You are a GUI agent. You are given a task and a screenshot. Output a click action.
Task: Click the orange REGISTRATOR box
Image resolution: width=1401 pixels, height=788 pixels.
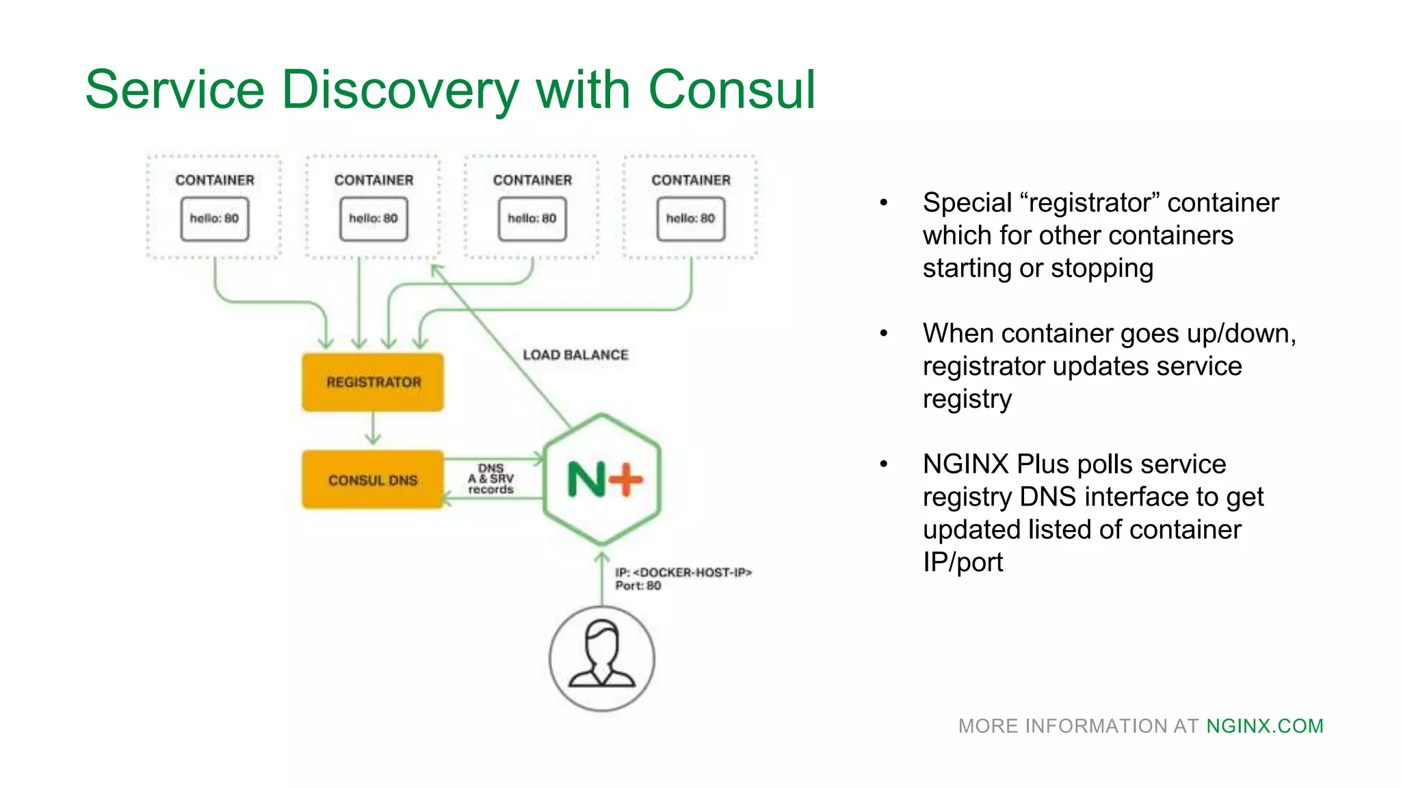coord(373,382)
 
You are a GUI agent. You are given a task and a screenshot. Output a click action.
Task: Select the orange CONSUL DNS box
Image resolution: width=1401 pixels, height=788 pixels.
coord(373,480)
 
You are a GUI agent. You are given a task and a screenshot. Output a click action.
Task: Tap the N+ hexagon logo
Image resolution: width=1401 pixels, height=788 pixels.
coord(602,479)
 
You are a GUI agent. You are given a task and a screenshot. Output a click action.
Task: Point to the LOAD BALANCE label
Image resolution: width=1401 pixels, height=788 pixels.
coord(575,355)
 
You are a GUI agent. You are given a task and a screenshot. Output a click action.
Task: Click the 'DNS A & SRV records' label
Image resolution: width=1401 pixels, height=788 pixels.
coord(491,479)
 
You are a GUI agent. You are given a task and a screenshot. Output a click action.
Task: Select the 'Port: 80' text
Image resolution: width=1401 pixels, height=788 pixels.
coord(638,586)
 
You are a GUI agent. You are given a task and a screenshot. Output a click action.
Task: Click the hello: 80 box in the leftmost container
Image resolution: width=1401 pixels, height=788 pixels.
coord(215,219)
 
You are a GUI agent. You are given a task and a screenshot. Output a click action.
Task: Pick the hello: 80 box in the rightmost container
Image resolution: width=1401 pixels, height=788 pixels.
coord(691,219)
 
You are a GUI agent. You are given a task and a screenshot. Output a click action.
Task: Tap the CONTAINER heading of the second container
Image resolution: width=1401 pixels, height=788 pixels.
coord(374,180)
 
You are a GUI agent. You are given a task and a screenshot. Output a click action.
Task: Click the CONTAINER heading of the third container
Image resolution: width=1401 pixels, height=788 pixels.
coord(532,180)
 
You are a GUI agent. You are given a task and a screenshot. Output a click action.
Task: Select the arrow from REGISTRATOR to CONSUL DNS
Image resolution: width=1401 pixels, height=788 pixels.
coord(373,429)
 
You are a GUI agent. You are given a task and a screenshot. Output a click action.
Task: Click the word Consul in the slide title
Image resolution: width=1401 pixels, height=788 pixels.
coord(731,90)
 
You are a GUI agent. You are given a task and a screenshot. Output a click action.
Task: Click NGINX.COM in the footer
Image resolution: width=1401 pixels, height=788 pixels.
coord(1264,726)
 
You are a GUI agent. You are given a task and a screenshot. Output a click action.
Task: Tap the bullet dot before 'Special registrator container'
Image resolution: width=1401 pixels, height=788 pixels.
coord(884,202)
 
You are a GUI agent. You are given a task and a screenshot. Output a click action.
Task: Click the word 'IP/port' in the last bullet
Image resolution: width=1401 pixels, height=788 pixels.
coord(963,562)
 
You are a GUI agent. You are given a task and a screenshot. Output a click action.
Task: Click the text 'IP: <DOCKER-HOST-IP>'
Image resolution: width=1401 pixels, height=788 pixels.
coord(683,573)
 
